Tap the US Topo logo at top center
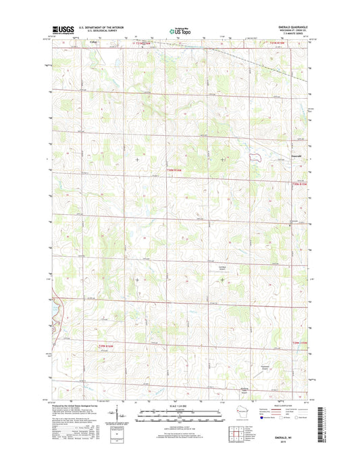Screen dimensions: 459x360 tap(178, 30)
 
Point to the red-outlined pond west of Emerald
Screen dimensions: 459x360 tap(255, 156)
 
